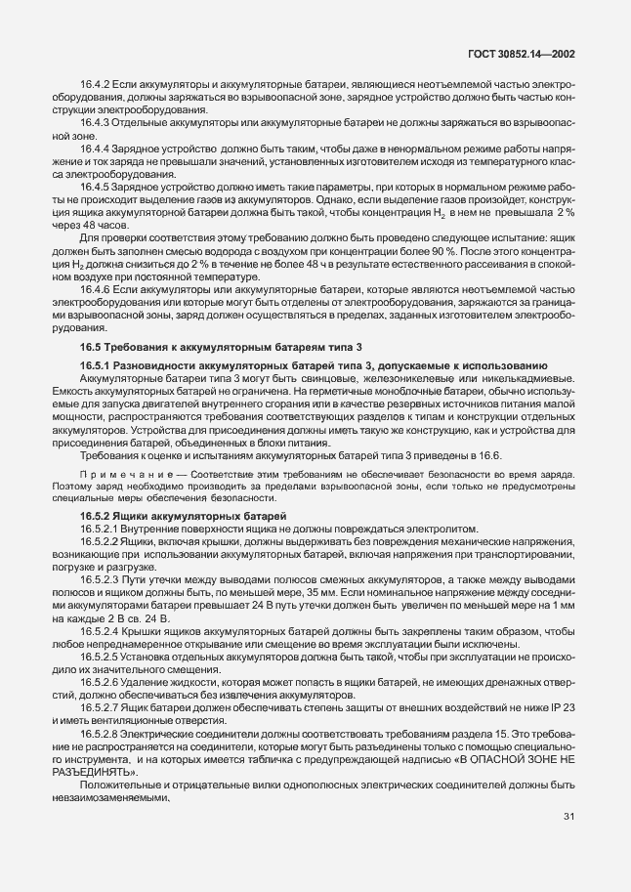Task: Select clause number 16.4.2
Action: click(x=97, y=85)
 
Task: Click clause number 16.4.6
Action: click(x=97, y=290)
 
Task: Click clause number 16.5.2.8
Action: click(x=103, y=734)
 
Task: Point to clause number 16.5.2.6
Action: click(x=103, y=680)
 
